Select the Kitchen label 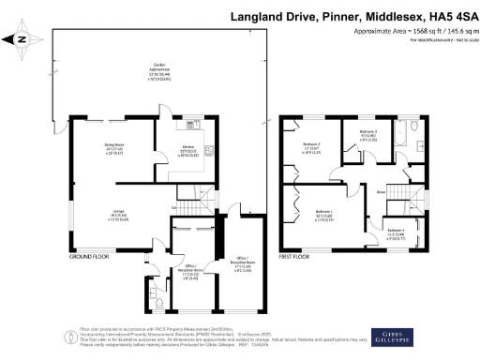(187, 151)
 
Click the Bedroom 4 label (396, 232)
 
